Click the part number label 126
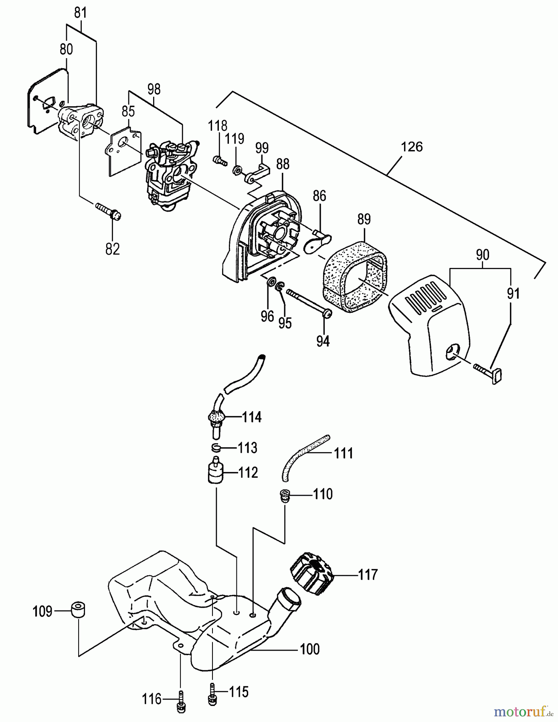click(412, 147)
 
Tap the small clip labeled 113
click(216, 447)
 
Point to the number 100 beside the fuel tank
click(310, 649)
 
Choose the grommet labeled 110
click(285, 495)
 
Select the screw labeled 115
click(212, 694)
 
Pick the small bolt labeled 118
click(219, 160)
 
